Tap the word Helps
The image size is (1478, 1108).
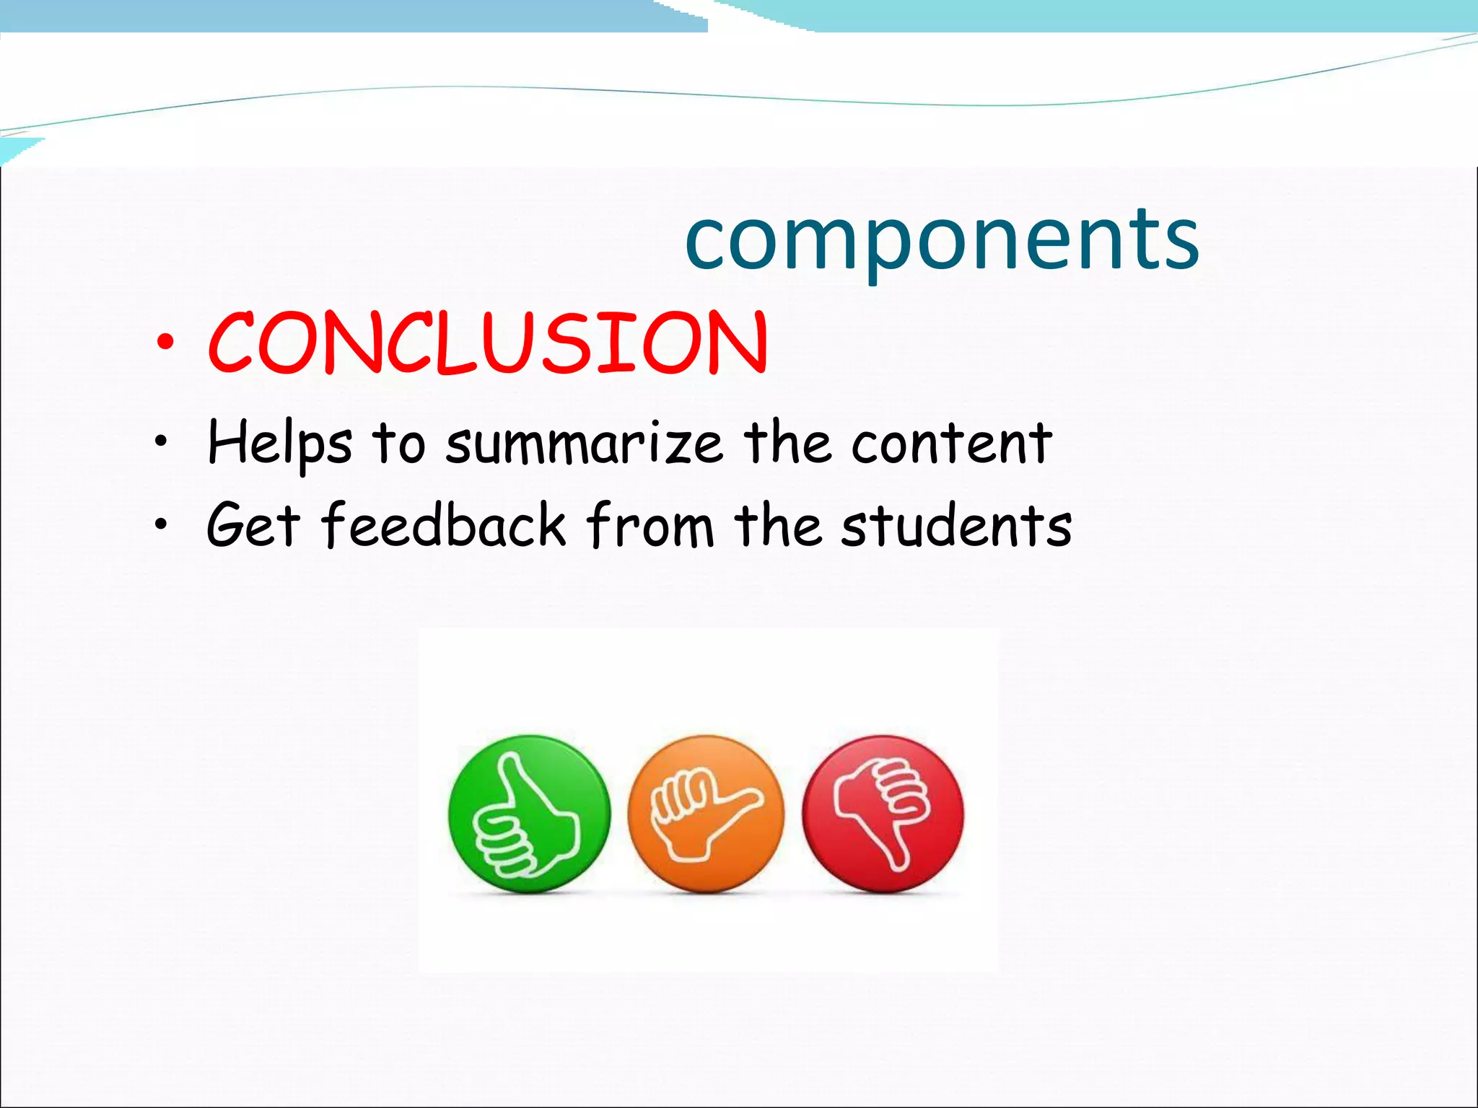pyautogui.click(x=280, y=444)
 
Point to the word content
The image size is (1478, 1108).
pyautogui.click(x=951, y=442)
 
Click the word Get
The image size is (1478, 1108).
pyautogui.click(x=253, y=524)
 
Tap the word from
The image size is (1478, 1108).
pyautogui.click(x=650, y=524)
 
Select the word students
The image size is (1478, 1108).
pyautogui.click(x=956, y=524)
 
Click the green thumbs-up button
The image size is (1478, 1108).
pyautogui.click(x=529, y=814)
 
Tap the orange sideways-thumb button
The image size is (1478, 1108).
pyautogui.click(x=706, y=814)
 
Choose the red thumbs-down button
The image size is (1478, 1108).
pyautogui.click(x=883, y=814)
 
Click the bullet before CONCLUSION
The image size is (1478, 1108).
pyautogui.click(x=165, y=343)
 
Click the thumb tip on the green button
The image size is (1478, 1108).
pyautogui.click(x=510, y=760)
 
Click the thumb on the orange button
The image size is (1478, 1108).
pyautogui.click(x=747, y=798)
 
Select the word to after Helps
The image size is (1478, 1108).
pyautogui.click(x=399, y=443)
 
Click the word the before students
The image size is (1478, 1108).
pyautogui.click(x=778, y=524)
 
